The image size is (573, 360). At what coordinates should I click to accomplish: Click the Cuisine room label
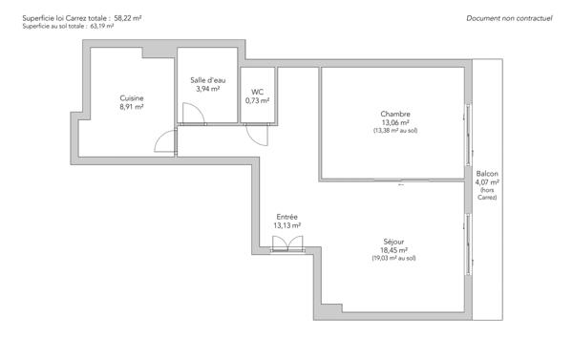(132, 98)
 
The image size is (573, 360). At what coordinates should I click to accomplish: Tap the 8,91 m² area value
(132, 107)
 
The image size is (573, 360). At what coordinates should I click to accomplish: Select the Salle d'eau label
(205, 80)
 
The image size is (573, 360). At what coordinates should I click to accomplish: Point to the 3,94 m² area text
(205, 89)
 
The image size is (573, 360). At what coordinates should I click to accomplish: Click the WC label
(257, 92)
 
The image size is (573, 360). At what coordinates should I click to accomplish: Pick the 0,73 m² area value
(257, 100)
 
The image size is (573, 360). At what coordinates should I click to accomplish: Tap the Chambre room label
(395, 115)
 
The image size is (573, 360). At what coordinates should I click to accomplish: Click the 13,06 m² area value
(395, 123)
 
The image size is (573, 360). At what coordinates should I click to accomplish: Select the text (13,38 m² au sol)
(395, 131)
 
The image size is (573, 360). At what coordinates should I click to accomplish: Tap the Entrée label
(286, 217)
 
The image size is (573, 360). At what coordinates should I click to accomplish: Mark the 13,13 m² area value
(286, 225)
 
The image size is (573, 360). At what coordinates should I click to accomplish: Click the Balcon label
(487, 174)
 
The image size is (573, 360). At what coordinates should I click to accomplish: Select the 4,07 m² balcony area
(487, 182)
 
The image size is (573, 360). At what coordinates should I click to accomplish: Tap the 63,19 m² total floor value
(101, 27)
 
